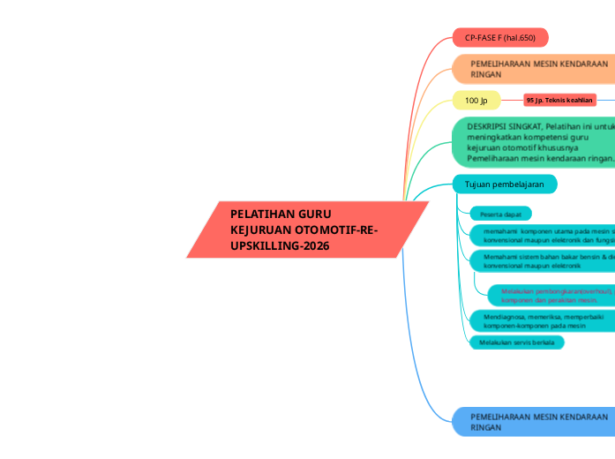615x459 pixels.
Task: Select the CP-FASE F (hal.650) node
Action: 499,37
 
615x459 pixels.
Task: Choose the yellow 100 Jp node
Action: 476,100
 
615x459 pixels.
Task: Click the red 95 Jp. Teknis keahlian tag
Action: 559,101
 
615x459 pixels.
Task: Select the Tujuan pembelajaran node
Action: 505,184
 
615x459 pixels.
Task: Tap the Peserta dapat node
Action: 499,214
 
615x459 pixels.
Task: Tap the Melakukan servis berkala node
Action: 516,342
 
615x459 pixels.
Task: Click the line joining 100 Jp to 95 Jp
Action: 512,100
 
